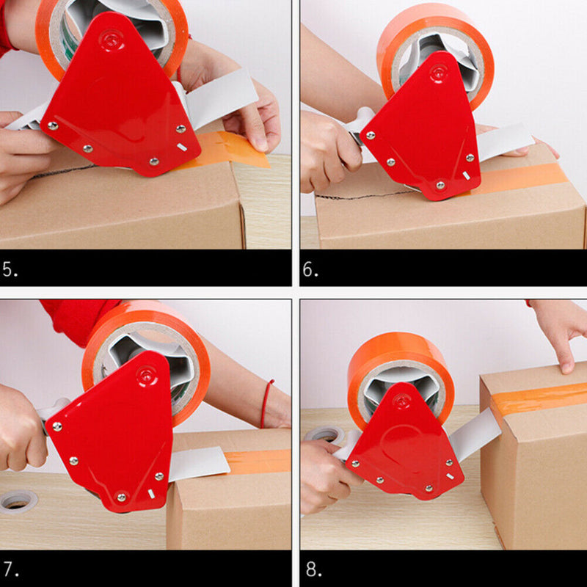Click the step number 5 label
click(x=10, y=269)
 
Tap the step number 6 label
click(x=310, y=269)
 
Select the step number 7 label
click(x=10, y=569)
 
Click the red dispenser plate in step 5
click(x=117, y=103)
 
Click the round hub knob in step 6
click(x=439, y=72)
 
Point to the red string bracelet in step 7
click(x=266, y=404)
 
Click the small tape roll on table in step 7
click(x=18, y=501)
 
